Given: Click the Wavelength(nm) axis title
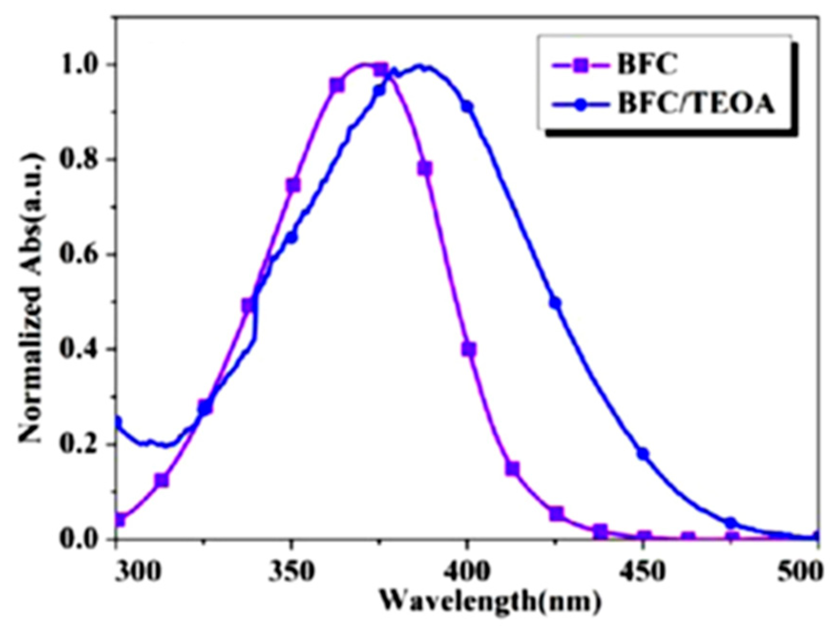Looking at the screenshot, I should click(x=489, y=602).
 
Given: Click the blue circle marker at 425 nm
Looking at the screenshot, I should click(x=555, y=302).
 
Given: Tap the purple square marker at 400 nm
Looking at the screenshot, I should click(x=469, y=349).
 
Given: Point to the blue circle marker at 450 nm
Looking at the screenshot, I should click(x=643, y=453).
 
